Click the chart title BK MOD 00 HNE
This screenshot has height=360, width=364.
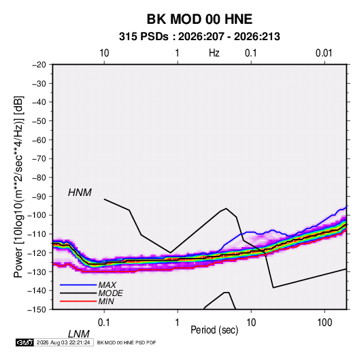199,19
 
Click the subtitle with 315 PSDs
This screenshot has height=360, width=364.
199,37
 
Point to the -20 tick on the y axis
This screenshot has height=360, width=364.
39,65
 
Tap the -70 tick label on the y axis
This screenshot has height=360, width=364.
39,159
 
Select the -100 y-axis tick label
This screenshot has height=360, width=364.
37,215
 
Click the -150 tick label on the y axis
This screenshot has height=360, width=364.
37,310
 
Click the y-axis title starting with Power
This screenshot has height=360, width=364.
18,187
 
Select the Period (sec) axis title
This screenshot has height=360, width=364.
214,330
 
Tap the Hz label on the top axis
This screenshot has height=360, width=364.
214,53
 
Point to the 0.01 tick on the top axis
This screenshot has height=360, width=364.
324,53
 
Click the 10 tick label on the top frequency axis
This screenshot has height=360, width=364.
104,53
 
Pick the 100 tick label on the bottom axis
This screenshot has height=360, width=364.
325,323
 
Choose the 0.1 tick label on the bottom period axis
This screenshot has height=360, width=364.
104,323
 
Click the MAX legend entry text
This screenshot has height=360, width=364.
107,285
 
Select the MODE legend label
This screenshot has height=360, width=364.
110,293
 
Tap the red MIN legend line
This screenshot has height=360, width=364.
78,301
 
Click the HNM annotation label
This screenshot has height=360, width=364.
80,193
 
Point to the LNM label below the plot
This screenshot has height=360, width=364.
79,334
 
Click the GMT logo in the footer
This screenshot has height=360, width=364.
25,342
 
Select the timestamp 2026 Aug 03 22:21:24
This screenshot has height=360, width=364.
63,342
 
